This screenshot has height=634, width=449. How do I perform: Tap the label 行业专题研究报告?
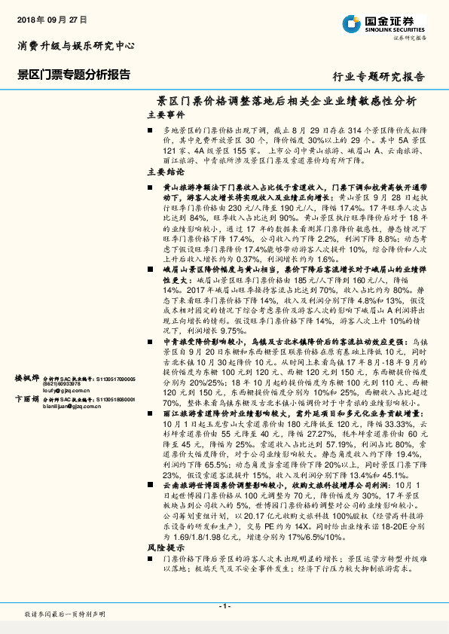click(378, 77)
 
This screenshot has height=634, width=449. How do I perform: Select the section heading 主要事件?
click(166, 115)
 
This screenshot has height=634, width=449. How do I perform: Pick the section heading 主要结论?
click(166, 172)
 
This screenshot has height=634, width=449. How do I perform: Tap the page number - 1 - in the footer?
click(224, 606)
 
